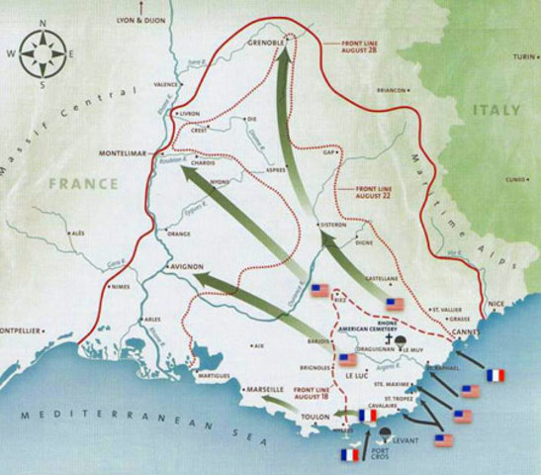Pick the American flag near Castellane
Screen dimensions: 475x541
(x=395, y=304)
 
